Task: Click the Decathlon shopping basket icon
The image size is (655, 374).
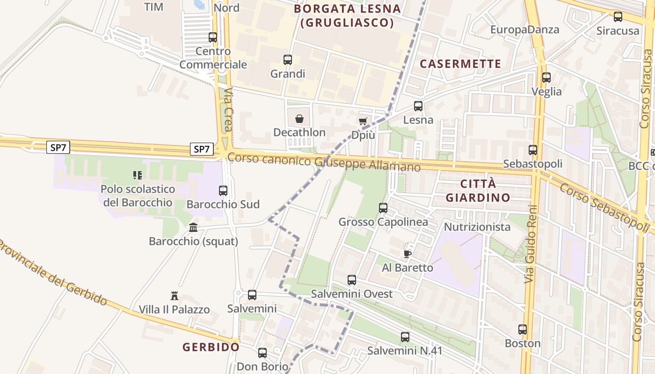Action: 299,119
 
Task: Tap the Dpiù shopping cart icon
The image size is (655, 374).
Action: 363,122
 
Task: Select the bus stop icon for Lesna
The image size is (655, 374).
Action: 418,106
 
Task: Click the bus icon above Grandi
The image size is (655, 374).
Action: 288,60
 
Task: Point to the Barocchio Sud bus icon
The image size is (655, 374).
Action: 223,191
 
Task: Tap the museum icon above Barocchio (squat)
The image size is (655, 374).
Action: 193,228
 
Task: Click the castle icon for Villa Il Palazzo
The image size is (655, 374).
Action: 175,295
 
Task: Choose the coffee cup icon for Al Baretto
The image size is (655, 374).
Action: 408,254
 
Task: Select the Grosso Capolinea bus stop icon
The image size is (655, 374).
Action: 383,208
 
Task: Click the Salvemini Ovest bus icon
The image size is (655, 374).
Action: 352,280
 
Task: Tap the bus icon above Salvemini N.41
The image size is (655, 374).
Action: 405,337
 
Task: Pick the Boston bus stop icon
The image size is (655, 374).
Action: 523,330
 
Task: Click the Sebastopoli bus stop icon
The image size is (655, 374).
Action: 533,150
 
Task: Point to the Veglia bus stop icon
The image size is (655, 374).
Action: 546,78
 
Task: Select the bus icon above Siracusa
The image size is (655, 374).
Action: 618,17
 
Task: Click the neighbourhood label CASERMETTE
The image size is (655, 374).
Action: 460,64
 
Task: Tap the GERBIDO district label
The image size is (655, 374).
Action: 211,347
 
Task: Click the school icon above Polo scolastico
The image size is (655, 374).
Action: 137,175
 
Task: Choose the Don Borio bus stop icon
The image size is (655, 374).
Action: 262,352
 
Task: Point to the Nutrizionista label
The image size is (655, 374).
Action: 477,227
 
